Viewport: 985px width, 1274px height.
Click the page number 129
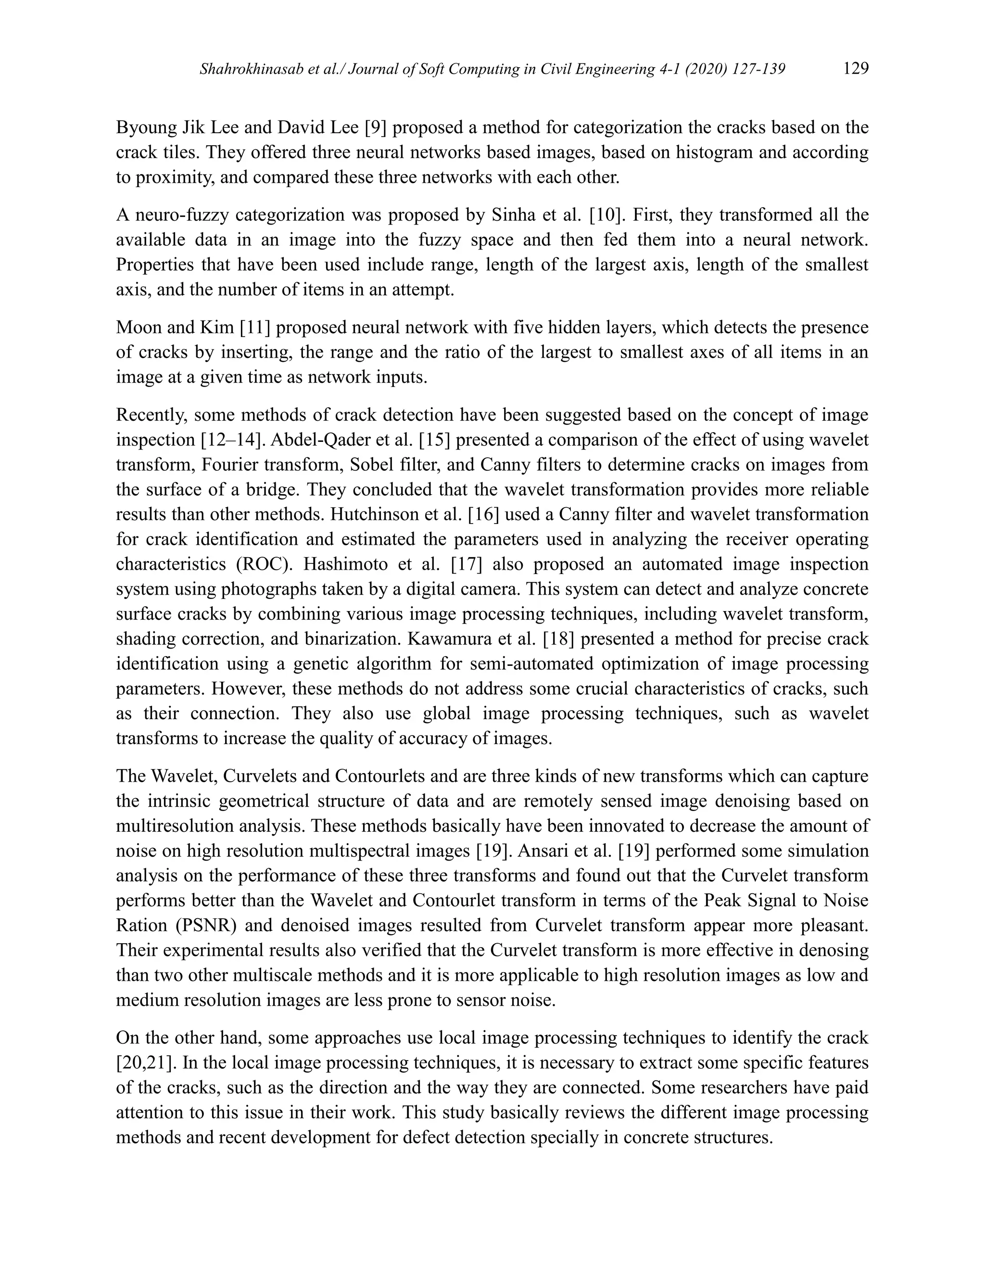click(856, 69)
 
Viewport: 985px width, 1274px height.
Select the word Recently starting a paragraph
click(151, 415)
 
